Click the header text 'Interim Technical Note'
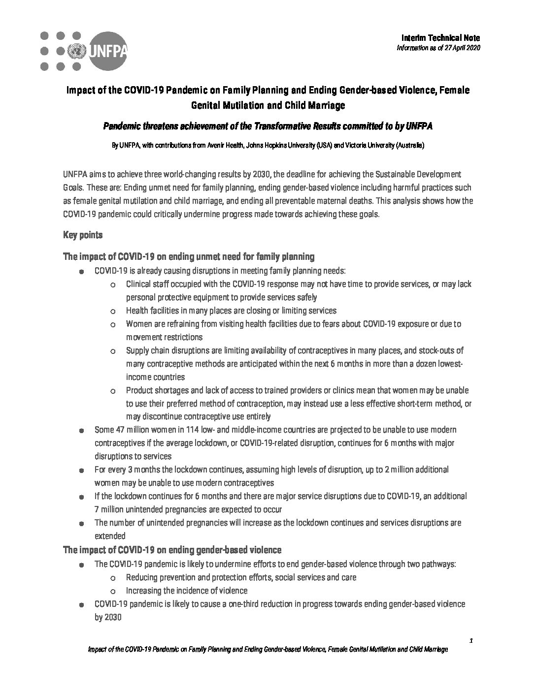click(x=440, y=38)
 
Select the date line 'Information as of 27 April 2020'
click(x=438, y=47)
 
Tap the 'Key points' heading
click(x=83, y=235)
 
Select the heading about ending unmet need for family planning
click(x=189, y=256)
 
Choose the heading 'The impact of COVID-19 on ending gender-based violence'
click(x=172, y=550)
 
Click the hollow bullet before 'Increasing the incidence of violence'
click(x=113, y=591)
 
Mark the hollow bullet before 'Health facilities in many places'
click(x=113, y=312)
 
